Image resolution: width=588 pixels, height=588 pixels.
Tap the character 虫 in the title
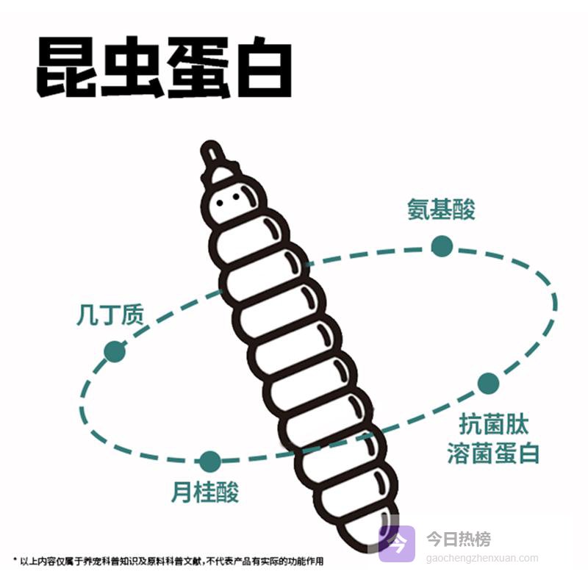point(132,67)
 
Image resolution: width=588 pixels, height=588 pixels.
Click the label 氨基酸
point(442,209)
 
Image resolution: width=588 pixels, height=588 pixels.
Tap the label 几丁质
point(110,315)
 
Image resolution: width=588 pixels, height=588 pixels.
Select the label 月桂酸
point(205,492)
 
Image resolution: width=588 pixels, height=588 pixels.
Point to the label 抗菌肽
point(493,424)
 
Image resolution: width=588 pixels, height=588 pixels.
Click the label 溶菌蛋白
point(493,453)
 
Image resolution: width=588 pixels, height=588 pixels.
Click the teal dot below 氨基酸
point(442,246)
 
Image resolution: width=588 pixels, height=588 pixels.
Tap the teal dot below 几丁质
point(115,351)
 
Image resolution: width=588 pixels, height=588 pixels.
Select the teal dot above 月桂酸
point(210,462)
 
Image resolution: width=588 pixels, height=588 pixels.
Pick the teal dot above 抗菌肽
point(488,384)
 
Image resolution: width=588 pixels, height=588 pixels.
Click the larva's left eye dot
point(220,204)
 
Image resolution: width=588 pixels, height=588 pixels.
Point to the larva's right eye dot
point(236,196)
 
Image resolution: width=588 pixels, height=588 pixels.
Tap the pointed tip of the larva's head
point(210,143)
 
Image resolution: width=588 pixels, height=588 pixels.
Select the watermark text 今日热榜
point(458,539)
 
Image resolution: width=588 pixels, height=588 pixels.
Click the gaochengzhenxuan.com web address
point(482,559)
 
